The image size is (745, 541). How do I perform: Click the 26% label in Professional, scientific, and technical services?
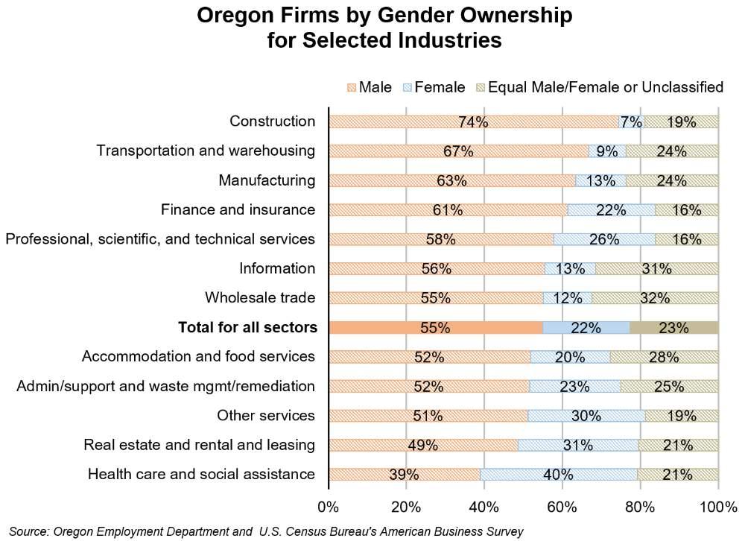coord(603,239)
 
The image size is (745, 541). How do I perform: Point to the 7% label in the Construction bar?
coord(631,121)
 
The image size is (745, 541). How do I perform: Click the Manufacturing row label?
coord(267,180)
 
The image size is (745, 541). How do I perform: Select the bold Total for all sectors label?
coord(247,327)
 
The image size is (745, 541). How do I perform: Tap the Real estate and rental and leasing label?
coord(200,445)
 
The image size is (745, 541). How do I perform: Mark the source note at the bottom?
coord(267,531)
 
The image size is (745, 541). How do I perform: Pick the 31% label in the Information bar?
coord(657,269)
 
